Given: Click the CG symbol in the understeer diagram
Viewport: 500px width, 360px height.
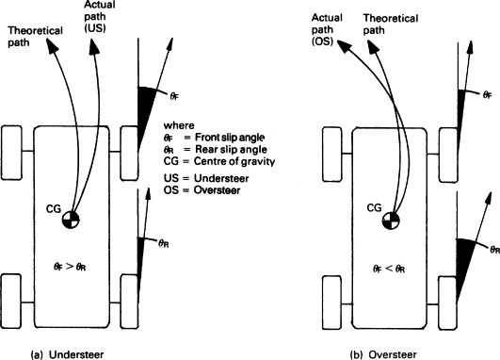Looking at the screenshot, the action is pyautogui.click(x=71, y=220).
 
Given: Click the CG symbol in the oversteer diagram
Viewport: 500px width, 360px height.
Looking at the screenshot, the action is pyautogui.click(x=391, y=220).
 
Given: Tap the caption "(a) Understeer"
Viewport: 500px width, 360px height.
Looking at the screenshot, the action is pyautogui.click(x=67, y=354).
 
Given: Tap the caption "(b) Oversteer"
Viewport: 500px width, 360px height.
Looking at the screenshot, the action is pyautogui.click(x=383, y=354).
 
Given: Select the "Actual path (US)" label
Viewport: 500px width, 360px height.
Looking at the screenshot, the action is pyautogui.click(x=100, y=16).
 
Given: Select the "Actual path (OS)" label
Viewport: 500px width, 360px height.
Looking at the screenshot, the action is pyautogui.click(x=327, y=29).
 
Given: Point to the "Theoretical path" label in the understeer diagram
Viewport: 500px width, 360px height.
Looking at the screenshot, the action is pyautogui.click(x=35, y=37).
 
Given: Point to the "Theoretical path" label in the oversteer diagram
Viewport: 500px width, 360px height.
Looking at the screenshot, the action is pyautogui.click(x=391, y=24).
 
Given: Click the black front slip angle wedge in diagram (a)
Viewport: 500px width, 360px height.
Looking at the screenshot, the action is pyautogui.click(x=144, y=112).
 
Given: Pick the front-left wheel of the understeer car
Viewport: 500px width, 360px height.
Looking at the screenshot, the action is pyautogui.click(x=12, y=153).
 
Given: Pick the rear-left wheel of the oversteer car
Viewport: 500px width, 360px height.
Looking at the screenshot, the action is pyautogui.click(x=331, y=303).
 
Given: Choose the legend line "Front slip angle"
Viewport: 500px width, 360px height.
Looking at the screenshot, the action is pyautogui.click(x=214, y=138).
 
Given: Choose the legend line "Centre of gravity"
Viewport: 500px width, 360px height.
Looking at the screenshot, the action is pyautogui.click(x=219, y=161).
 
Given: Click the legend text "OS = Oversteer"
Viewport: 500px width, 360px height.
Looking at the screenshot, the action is pyautogui.click(x=202, y=189).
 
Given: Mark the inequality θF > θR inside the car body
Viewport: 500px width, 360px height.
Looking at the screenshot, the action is pyautogui.click(x=70, y=267).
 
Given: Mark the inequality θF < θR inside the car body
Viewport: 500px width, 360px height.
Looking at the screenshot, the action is pyautogui.click(x=389, y=269).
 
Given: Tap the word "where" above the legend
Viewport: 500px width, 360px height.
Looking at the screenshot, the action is pyautogui.click(x=179, y=125).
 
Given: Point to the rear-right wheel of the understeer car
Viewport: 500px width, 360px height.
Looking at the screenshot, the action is pyautogui.click(x=129, y=302).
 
